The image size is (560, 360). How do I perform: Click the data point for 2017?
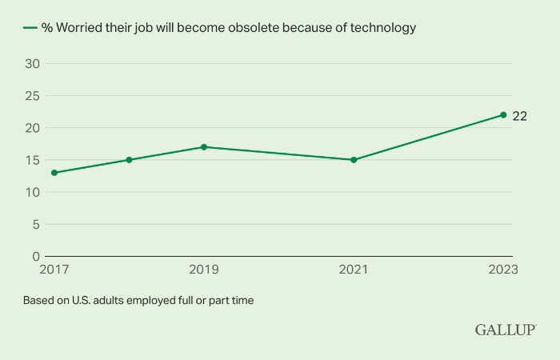(54, 173)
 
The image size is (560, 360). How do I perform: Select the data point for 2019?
(204, 147)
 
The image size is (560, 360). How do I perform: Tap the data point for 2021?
(354, 160)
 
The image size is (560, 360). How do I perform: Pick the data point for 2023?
(503, 114)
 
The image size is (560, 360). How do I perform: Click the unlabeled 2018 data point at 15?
(129, 160)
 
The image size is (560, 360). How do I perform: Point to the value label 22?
(520, 116)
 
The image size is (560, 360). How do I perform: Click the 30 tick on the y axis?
(31, 64)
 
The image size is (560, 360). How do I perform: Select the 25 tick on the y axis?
(31, 96)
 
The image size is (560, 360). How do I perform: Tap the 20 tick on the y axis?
(31, 128)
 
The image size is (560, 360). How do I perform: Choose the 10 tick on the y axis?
(31, 192)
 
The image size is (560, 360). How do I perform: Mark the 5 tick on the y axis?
(35, 224)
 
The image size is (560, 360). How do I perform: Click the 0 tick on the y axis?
(35, 256)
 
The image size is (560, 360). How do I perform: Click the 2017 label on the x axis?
(54, 270)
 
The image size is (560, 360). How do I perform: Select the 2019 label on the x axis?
(204, 270)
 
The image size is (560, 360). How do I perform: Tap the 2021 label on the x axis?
(354, 270)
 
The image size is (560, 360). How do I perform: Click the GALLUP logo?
(506, 330)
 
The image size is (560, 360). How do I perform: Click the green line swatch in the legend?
(30, 27)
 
